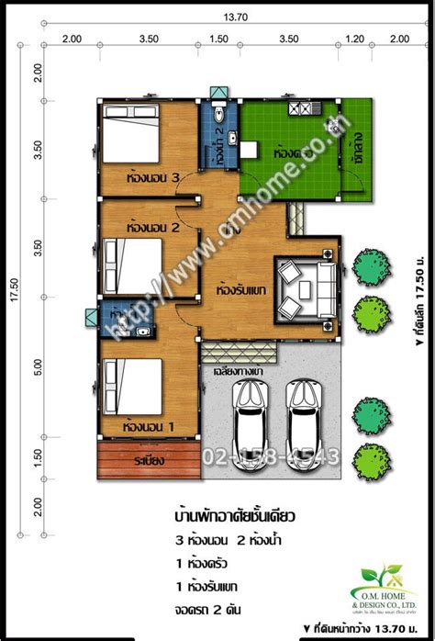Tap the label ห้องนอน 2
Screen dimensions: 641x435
151,225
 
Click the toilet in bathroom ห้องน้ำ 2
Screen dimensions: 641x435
217,116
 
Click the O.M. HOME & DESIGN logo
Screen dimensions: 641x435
379,595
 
